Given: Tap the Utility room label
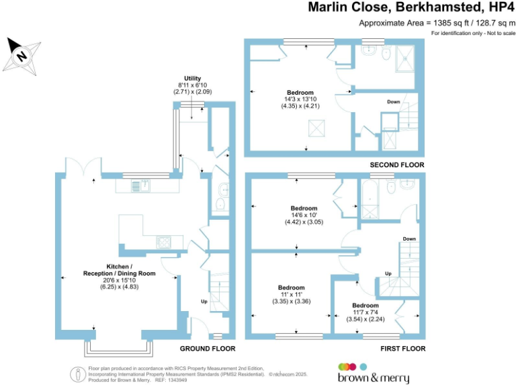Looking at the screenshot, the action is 192,79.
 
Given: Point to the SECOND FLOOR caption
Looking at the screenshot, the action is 397,165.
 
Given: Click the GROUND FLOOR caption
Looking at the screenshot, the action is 208,349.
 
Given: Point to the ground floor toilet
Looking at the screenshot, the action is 222,189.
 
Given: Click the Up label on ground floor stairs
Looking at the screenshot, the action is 204,301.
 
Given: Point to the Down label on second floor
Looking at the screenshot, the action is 394,101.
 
